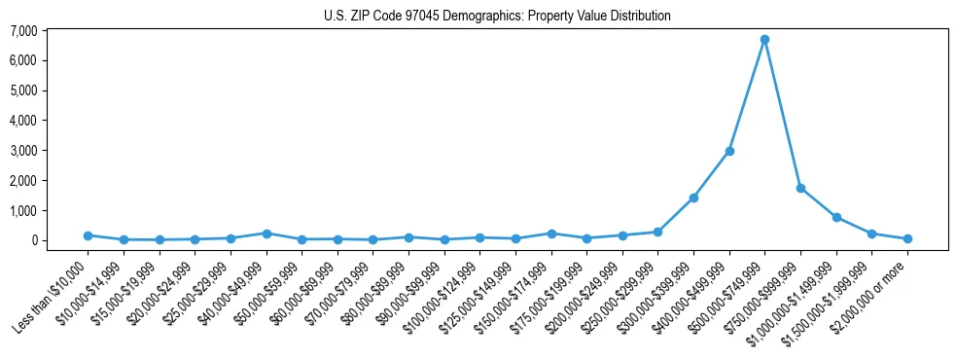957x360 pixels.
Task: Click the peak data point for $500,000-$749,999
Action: [764, 40]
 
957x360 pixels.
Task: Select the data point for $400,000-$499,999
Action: [729, 151]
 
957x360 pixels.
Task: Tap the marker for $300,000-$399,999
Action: [693, 198]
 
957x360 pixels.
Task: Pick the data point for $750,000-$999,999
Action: [800, 188]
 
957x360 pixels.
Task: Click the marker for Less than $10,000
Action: [88, 235]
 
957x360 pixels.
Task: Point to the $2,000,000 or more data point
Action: [907, 238]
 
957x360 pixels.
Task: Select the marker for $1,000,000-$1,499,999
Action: [836, 217]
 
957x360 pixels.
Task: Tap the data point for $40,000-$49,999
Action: [266, 234]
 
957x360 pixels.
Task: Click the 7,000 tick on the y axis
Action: [50, 31]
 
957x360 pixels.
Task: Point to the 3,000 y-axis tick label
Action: [50, 151]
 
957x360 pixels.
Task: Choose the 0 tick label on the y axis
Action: [59, 240]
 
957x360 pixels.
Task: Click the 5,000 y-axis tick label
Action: [50, 90]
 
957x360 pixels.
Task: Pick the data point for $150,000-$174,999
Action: [551, 234]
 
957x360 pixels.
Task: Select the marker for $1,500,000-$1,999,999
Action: [871, 234]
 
